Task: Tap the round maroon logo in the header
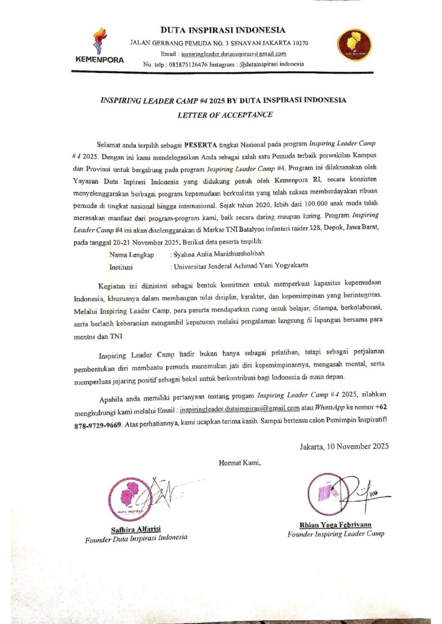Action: point(355,44)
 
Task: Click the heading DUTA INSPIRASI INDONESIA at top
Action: point(223,30)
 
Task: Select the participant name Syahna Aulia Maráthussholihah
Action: point(222,253)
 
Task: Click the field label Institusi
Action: point(123,266)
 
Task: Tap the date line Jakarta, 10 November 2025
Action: point(344,446)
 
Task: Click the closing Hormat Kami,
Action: point(240,463)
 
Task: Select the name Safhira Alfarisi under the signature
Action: point(136,528)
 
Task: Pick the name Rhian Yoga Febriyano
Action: point(335,525)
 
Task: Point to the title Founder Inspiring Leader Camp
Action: point(335,534)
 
